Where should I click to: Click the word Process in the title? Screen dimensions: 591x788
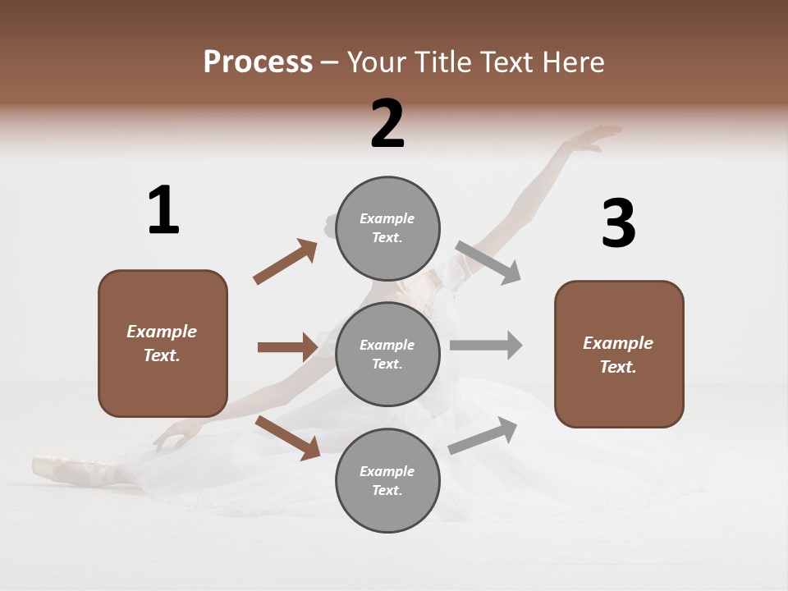258,62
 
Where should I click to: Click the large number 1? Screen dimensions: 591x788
163,210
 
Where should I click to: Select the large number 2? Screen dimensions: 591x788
387,124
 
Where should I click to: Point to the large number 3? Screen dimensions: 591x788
618,224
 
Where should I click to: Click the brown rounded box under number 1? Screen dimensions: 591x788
163,343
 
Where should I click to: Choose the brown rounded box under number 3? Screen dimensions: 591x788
619,354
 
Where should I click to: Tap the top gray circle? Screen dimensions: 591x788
387,227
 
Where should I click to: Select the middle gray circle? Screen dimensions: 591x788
387,354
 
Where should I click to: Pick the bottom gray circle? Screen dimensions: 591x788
387,480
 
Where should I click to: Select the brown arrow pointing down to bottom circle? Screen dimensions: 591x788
288,438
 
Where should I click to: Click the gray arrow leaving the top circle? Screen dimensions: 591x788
488,263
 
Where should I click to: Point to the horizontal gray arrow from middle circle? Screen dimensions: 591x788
485,346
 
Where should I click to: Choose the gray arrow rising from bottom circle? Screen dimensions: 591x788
483,436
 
